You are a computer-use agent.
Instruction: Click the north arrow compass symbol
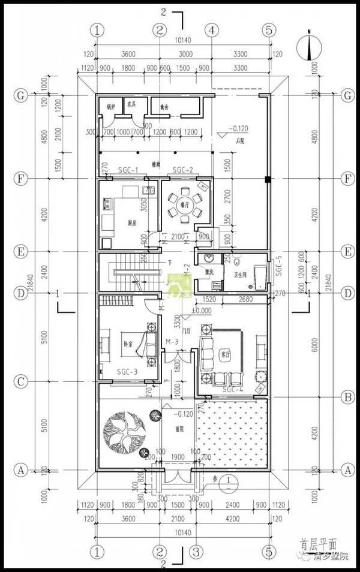click(x=308, y=47)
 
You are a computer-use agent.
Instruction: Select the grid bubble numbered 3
click(x=194, y=550)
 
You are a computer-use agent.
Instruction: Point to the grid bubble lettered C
click(x=21, y=380)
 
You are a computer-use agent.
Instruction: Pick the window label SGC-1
click(x=128, y=170)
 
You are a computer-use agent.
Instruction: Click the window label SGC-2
click(x=182, y=170)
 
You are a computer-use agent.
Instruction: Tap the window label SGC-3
click(x=127, y=372)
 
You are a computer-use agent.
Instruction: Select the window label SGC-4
click(x=232, y=390)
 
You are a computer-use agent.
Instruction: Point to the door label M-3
click(x=172, y=342)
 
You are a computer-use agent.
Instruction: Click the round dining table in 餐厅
click(x=184, y=204)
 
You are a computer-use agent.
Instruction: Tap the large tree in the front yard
click(x=124, y=430)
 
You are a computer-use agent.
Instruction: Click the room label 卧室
click(x=127, y=344)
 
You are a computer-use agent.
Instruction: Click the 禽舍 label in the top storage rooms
click(x=164, y=107)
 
